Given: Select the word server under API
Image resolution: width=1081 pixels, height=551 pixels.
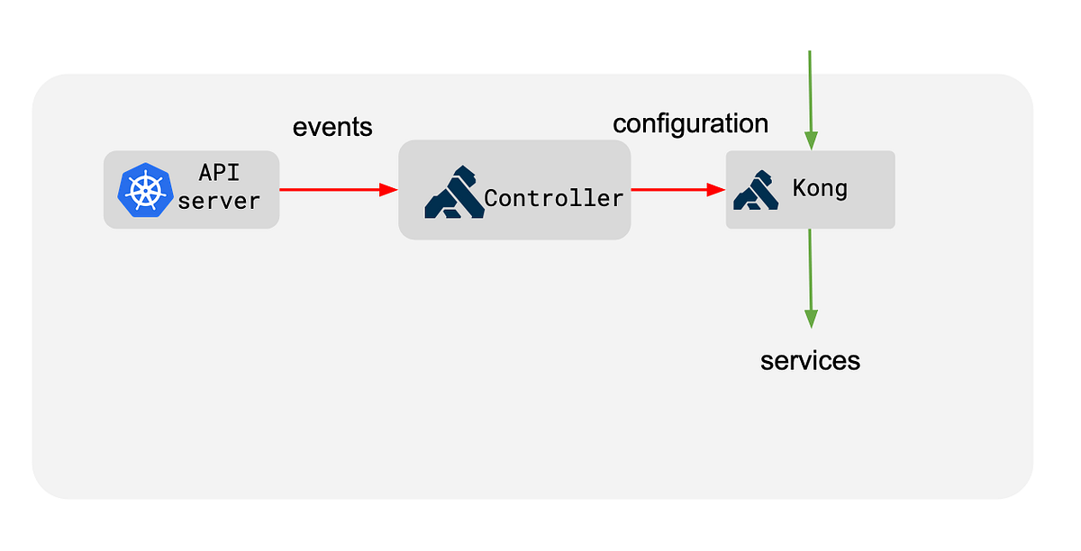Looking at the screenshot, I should coord(219,201).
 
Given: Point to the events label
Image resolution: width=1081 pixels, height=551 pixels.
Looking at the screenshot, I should coord(332,128).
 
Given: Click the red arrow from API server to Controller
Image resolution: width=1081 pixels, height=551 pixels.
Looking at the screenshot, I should coord(333,190).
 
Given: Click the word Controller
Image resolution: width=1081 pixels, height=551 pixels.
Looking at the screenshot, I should coord(553,198).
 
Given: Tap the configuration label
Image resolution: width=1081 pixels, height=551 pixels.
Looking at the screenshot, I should coord(691,123).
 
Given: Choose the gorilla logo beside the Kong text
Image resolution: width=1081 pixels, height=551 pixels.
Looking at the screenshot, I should coord(756,190).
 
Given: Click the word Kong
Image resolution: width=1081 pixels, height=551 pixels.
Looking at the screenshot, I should coord(820,189).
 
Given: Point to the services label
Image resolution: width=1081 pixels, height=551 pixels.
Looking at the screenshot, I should coord(810,361).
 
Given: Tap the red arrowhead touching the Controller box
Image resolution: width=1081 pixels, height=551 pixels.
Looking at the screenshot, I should coord(388,190).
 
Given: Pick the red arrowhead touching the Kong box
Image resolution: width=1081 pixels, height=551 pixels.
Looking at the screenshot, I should coord(716,190).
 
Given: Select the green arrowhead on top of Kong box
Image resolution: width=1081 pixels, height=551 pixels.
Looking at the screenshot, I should coord(810,140).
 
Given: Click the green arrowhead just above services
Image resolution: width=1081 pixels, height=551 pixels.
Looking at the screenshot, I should coord(810,319).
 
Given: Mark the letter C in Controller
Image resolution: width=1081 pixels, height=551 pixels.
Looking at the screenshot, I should coord(493,198).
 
